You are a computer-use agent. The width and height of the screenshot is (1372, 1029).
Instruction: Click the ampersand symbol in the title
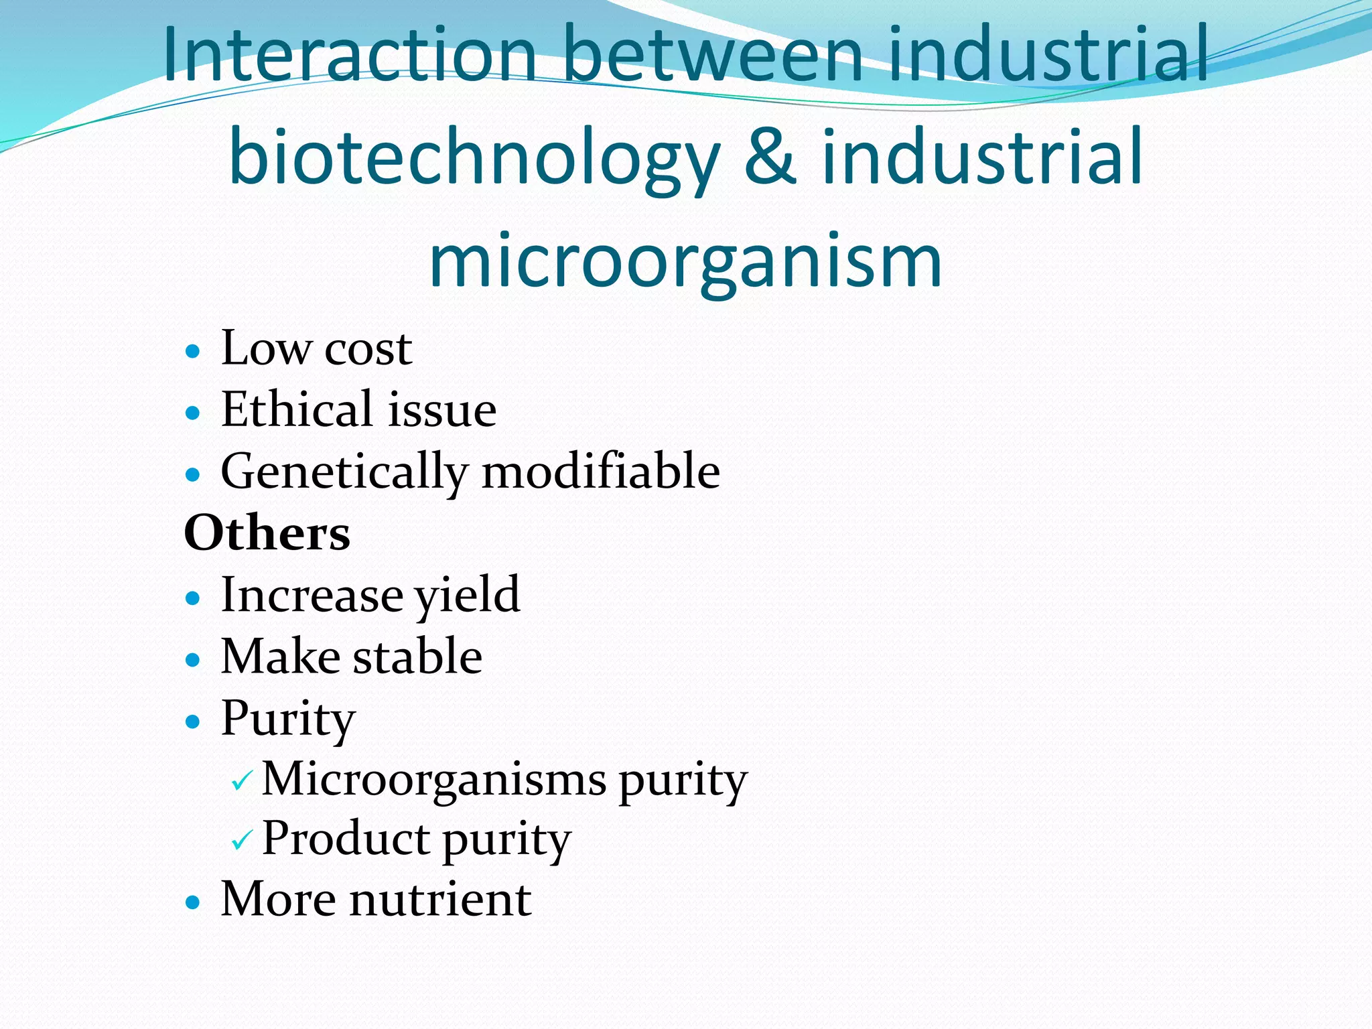pyautogui.click(x=770, y=158)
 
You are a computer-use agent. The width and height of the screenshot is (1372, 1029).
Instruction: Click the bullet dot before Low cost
pyautogui.click(x=193, y=350)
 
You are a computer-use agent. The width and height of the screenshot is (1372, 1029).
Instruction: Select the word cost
pyautogui.click(x=368, y=350)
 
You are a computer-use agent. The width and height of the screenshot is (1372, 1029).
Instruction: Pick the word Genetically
pyautogui.click(x=344, y=472)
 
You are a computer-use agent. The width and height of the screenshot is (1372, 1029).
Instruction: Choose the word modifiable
pyautogui.click(x=601, y=471)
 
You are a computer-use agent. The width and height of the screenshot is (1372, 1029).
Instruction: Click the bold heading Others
pyautogui.click(x=267, y=533)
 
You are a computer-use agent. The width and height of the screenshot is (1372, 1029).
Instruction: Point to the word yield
pyautogui.click(x=467, y=596)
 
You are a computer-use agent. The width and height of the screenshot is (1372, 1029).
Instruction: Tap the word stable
pyautogui.click(x=417, y=657)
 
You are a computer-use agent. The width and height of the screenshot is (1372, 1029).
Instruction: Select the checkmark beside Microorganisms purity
pyautogui.click(x=241, y=780)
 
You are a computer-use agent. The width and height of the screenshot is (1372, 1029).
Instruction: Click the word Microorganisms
pyautogui.click(x=434, y=780)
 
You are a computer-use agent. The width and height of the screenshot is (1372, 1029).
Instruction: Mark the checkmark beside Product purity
pyautogui.click(x=241, y=839)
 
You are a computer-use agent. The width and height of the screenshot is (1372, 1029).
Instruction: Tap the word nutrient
pyautogui.click(x=441, y=900)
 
